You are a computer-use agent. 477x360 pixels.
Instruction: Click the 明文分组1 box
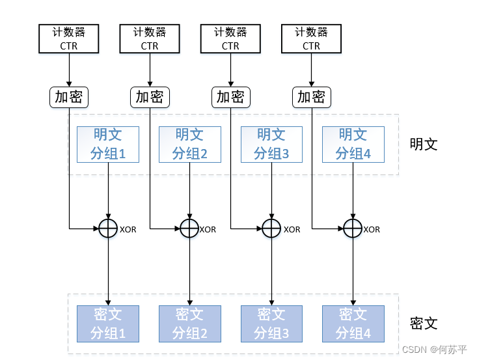pyautogui.click(x=107, y=144)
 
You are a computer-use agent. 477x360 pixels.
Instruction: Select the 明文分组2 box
pyautogui.click(x=189, y=144)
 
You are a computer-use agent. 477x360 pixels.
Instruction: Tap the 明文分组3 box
pyautogui.click(x=271, y=144)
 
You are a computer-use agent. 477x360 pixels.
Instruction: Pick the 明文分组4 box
pyautogui.click(x=353, y=144)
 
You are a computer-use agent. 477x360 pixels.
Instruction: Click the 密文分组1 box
pyautogui.click(x=107, y=324)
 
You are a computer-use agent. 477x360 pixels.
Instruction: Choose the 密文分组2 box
pyautogui.click(x=189, y=324)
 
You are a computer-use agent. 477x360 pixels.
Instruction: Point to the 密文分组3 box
pyautogui.click(x=271, y=324)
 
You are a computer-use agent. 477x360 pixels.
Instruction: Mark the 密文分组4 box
pyautogui.click(x=353, y=324)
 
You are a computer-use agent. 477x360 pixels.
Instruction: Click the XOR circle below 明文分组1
pyautogui.click(x=107, y=228)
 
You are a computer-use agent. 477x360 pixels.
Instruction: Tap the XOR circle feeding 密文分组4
pyautogui.click(x=353, y=228)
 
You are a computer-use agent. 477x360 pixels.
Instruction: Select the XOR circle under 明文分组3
pyautogui.click(x=271, y=228)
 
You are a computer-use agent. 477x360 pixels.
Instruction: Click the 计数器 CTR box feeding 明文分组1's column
pyautogui.click(x=69, y=38)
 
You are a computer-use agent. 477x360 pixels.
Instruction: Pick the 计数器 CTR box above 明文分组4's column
pyautogui.click(x=311, y=38)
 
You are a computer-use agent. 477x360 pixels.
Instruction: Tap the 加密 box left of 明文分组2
pyautogui.click(x=150, y=97)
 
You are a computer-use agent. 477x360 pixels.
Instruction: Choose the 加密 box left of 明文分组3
pyautogui.click(x=230, y=97)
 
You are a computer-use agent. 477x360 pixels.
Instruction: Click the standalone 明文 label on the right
pyautogui.click(x=424, y=144)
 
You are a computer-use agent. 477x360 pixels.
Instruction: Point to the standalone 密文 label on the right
pyautogui.click(x=424, y=323)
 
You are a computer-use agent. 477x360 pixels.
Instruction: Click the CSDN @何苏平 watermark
pyautogui.click(x=434, y=349)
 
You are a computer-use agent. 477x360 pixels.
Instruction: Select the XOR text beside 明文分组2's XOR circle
pyautogui.click(x=208, y=229)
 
